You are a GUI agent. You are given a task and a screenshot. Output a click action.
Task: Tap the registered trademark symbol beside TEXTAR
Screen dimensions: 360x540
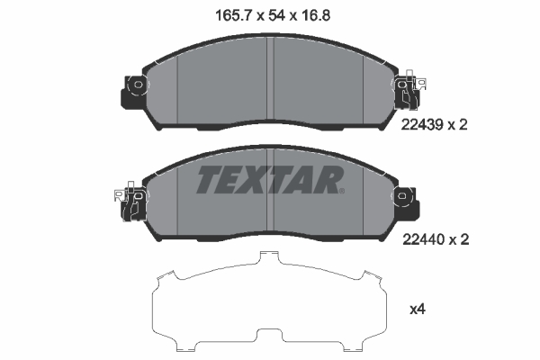click(x=340, y=190)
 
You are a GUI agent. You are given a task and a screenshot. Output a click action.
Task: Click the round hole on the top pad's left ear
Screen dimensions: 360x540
click(x=138, y=86)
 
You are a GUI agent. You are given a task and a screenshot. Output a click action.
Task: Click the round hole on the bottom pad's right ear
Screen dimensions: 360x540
click(x=403, y=193)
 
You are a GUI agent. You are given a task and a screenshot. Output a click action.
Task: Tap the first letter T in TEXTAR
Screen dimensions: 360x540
click(x=209, y=180)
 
